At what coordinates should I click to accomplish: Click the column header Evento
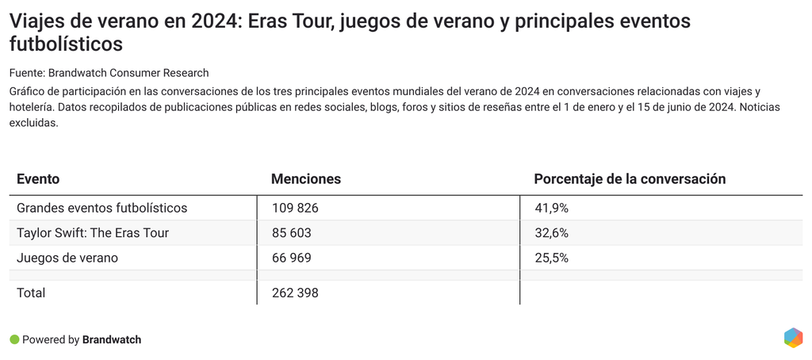(38, 179)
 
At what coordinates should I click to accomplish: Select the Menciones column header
(306, 179)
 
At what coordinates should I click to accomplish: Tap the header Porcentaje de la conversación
(630, 179)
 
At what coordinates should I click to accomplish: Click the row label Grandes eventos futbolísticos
(101, 208)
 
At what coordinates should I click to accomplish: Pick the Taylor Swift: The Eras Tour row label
(93, 233)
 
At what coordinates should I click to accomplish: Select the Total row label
(31, 293)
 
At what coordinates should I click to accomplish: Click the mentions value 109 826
(294, 208)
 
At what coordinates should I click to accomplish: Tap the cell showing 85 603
(291, 233)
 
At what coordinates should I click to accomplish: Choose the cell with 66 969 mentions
(291, 258)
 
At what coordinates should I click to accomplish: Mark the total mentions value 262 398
(294, 293)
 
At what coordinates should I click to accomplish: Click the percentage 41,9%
(551, 208)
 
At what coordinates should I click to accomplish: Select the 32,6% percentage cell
(551, 233)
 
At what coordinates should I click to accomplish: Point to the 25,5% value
(551, 258)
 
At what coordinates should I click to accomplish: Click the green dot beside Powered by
(13, 339)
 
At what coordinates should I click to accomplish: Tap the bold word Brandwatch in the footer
(112, 339)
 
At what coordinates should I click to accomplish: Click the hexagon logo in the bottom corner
(793, 337)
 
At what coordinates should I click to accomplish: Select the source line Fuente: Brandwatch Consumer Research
(109, 73)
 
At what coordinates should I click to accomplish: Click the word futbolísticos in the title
(67, 43)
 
